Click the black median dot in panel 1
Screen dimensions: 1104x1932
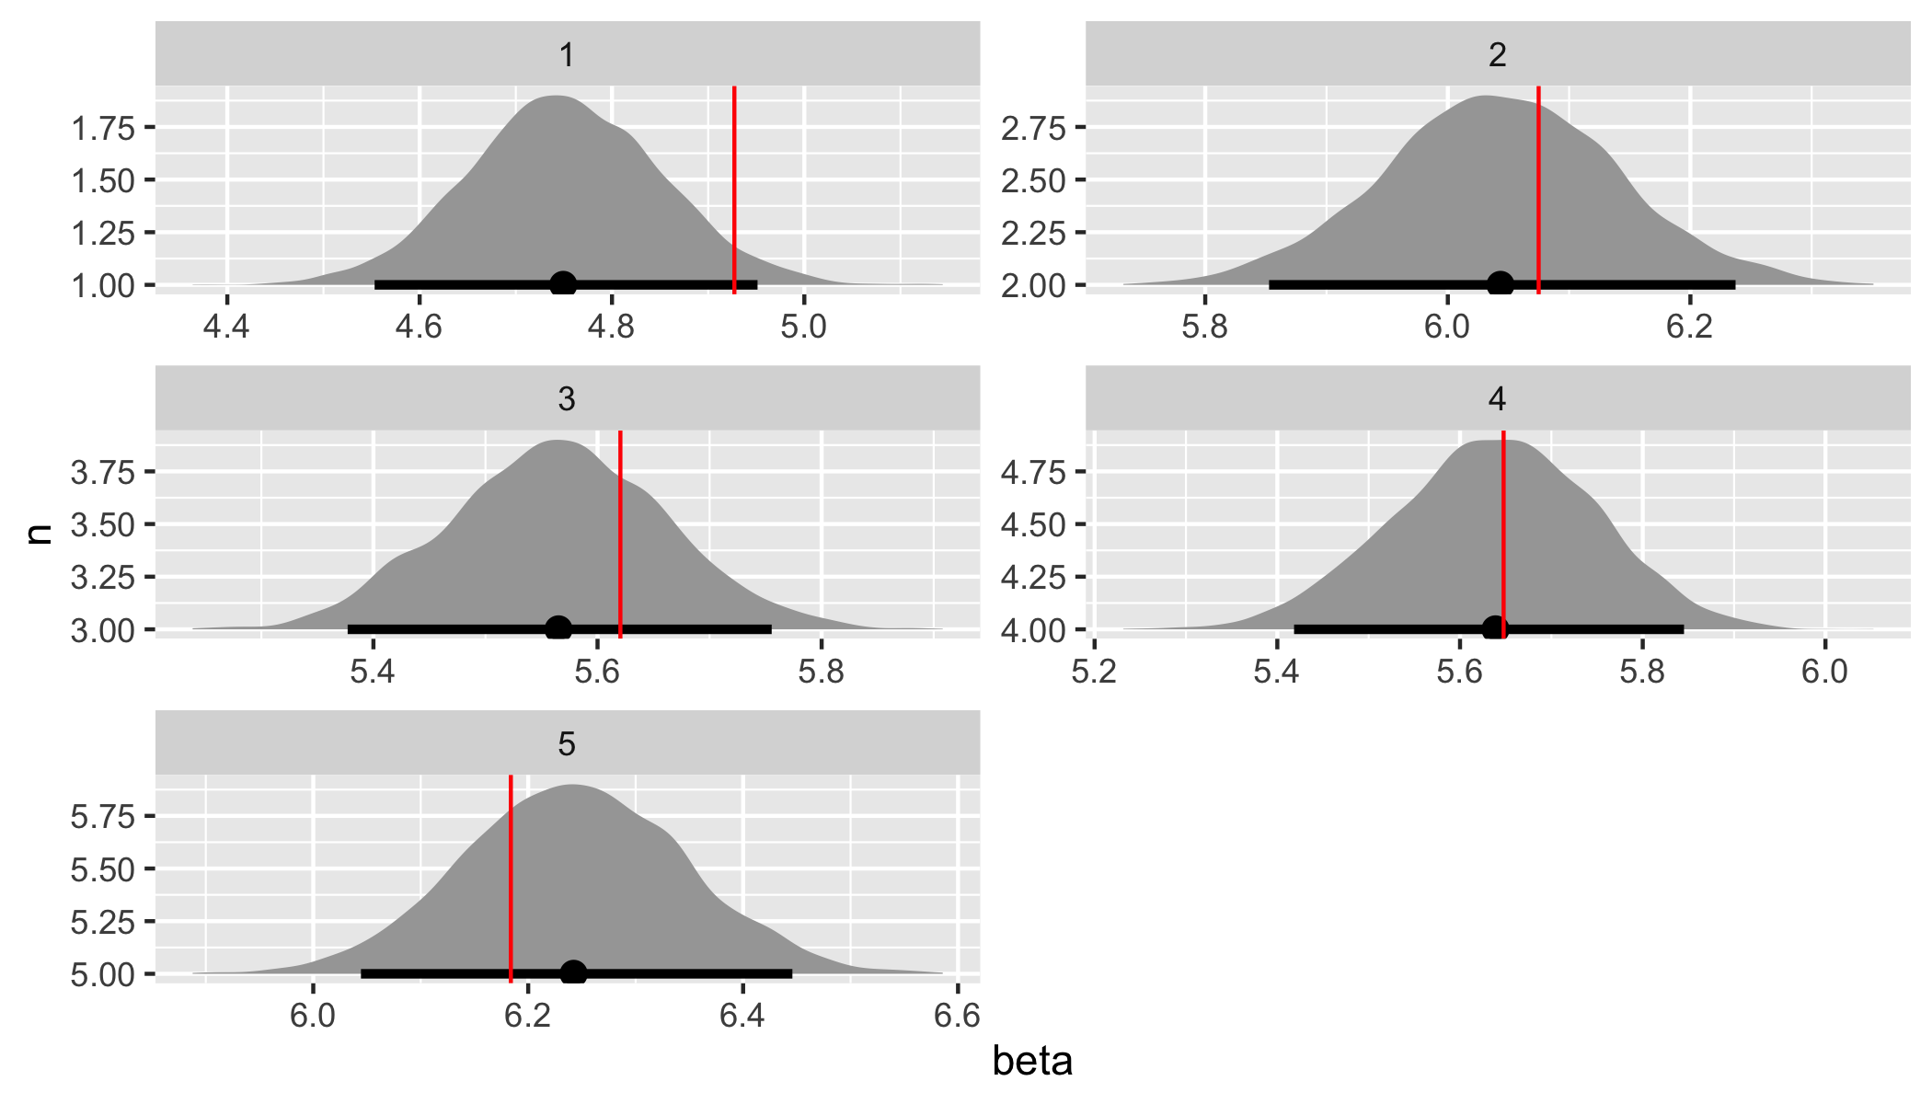pos(563,284)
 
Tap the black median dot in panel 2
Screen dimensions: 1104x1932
pos(1500,284)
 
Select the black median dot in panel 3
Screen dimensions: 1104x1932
pos(558,629)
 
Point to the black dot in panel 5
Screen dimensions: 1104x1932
pos(573,973)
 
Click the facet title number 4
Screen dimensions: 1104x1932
pos(1497,398)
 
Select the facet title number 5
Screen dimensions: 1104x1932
pos(567,743)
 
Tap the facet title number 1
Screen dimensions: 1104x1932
pos(567,55)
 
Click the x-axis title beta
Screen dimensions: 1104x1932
pos(1032,1062)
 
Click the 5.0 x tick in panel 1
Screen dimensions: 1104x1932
pos(804,327)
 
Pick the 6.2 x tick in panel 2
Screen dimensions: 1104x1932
pos(1689,327)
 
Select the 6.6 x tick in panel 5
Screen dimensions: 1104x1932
pos(957,1016)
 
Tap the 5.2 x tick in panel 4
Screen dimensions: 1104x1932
pos(1095,672)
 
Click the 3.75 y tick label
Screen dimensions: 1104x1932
pos(102,473)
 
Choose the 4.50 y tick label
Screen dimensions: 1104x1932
pos(1032,525)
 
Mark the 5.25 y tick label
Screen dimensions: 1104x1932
pos(102,922)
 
